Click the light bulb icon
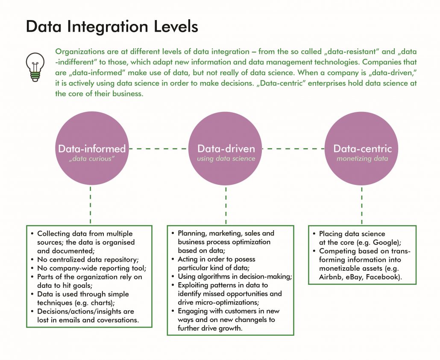click(34, 66)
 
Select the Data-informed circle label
click(92, 149)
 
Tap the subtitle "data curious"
click(92, 159)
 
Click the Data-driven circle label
click(226, 149)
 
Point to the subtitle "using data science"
click(226, 159)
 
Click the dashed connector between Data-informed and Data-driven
click(158, 149)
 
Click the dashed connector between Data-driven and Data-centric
click(293, 149)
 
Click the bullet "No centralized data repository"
click(88, 260)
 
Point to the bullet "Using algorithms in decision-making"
click(235, 276)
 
